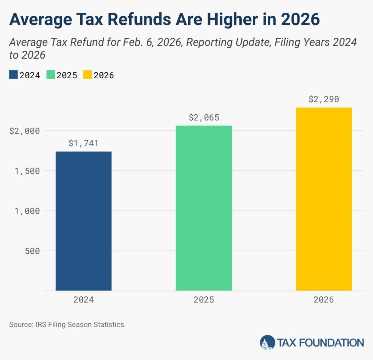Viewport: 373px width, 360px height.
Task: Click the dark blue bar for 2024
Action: click(83, 221)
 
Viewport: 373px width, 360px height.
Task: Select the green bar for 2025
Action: click(204, 208)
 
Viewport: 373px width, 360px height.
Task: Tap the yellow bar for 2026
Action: click(323, 199)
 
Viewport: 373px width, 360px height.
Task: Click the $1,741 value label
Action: click(83, 143)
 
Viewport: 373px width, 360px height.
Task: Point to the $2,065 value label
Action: click(204, 118)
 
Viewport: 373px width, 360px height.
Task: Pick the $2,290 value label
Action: click(323, 99)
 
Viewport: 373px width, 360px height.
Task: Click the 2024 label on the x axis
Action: click(83, 300)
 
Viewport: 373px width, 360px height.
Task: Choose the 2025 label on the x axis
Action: click(204, 300)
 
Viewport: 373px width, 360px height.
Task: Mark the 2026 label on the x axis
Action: click(323, 300)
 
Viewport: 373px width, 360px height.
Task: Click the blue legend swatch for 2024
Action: click(13, 75)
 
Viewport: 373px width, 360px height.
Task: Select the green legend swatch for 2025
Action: click(50, 75)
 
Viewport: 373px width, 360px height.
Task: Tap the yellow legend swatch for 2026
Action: click(87, 75)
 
